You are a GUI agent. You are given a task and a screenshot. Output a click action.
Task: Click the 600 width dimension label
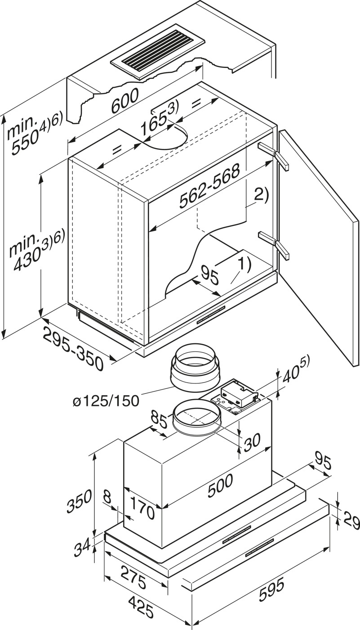(124, 101)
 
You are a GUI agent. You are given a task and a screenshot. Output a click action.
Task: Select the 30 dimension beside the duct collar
(252, 441)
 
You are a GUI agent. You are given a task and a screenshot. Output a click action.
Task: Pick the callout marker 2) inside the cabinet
(262, 194)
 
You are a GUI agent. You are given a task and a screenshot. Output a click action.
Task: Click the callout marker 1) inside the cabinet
(244, 265)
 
